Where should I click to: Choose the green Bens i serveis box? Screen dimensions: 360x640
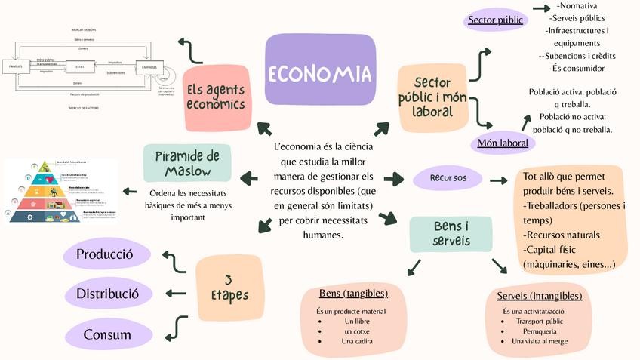pos(451,234)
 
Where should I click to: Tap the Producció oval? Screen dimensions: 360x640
pos(105,254)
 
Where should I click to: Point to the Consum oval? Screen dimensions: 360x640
pos(107,334)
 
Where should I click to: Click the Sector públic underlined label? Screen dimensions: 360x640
pos(495,20)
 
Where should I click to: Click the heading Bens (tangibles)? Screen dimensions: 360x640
pos(353,293)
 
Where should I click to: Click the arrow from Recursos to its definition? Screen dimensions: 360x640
pos(497,180)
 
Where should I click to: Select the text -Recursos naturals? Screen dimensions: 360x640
pos(562,235)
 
